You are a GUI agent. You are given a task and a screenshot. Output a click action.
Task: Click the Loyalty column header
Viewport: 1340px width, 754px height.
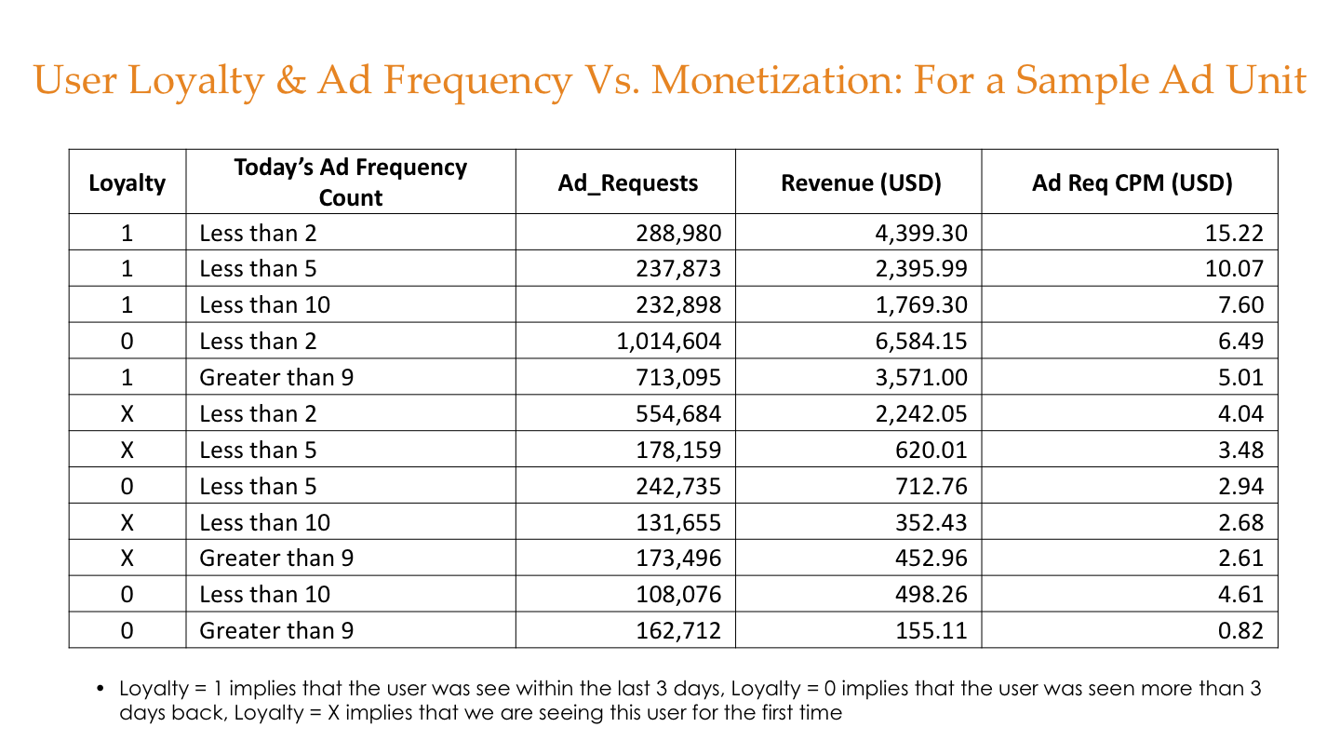pyautogui.click(x=127, y=182)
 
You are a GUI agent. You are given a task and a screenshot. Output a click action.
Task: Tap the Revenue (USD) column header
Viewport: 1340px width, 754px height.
pyautogui.click(x=861, y=182)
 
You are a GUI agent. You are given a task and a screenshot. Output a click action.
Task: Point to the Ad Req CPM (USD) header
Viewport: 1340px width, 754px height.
pyautogui.click(x=1132, y=182)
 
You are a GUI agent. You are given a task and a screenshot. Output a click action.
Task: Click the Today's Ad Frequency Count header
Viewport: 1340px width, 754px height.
pyautogui.click(x=350, y=182)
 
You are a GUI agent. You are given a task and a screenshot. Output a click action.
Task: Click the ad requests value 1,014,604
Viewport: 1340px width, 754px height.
pyautogui.click(x=668, y=342)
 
